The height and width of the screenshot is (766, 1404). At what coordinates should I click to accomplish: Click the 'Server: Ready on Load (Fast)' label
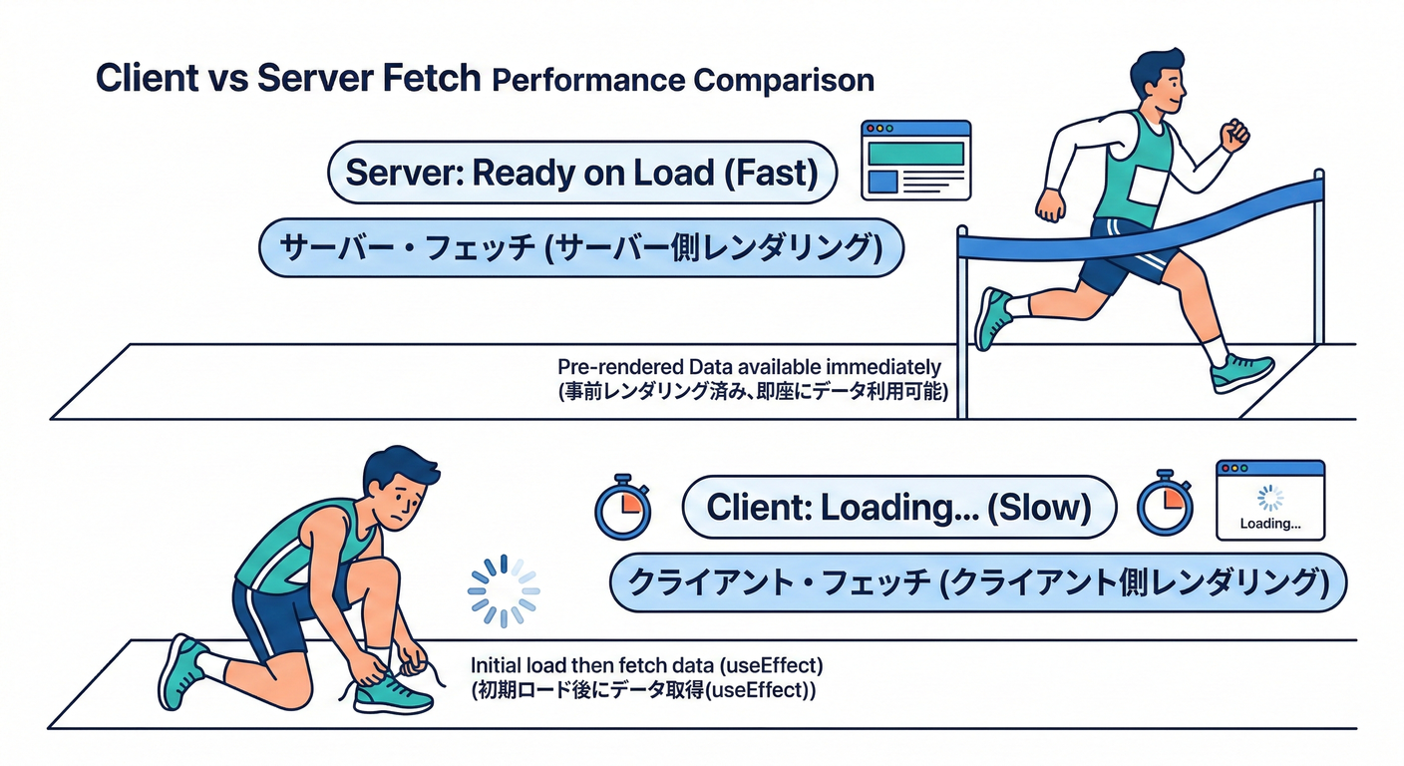click(x=581, y=173)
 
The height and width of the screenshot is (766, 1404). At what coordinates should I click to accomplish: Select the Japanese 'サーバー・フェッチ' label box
click(x=581, y=248)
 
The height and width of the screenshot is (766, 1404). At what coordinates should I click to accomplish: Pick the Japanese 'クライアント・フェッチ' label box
click(x=977, y=581)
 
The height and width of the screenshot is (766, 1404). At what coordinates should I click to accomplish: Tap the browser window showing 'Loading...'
click(x=1269, y=500)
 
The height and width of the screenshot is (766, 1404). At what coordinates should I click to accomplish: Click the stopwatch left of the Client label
click(x=621, y=507)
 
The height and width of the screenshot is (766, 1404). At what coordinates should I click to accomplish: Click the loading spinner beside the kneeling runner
click(x=503, y=590)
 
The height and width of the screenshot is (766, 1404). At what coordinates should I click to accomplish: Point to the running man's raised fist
click(x=1234, y=133)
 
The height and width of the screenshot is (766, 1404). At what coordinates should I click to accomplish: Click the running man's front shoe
click(x=1241, y=372)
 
